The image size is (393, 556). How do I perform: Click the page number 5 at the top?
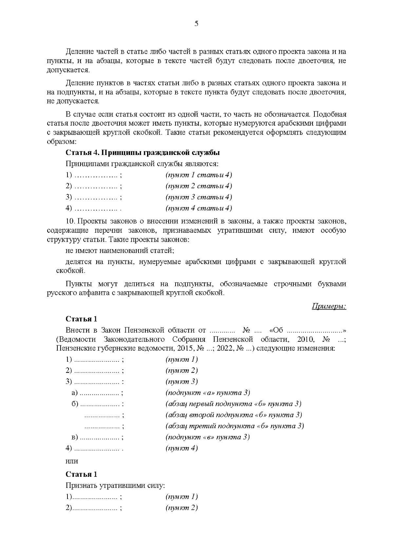point(196,23)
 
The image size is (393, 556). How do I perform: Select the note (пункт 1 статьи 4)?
point(199,175)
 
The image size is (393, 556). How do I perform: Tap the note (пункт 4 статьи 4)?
point(199,208)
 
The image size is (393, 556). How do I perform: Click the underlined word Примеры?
point(328,307)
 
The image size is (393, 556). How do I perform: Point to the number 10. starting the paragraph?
point(71,221)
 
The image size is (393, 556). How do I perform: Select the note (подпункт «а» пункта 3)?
point(208,393)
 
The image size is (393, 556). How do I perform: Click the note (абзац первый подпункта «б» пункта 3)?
point(234,404)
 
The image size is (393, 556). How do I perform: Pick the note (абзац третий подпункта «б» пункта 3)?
point(235,426)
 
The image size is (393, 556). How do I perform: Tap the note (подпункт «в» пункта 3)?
point(208,437)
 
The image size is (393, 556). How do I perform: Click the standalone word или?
point(72,461)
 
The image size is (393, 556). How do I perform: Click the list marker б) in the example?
point(75,404)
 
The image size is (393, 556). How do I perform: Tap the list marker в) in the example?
point(75,437)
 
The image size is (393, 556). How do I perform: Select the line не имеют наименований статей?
point(120,251)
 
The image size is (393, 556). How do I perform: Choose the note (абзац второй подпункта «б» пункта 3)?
point(234,415)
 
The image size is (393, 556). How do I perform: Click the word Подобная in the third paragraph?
point(330,115)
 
